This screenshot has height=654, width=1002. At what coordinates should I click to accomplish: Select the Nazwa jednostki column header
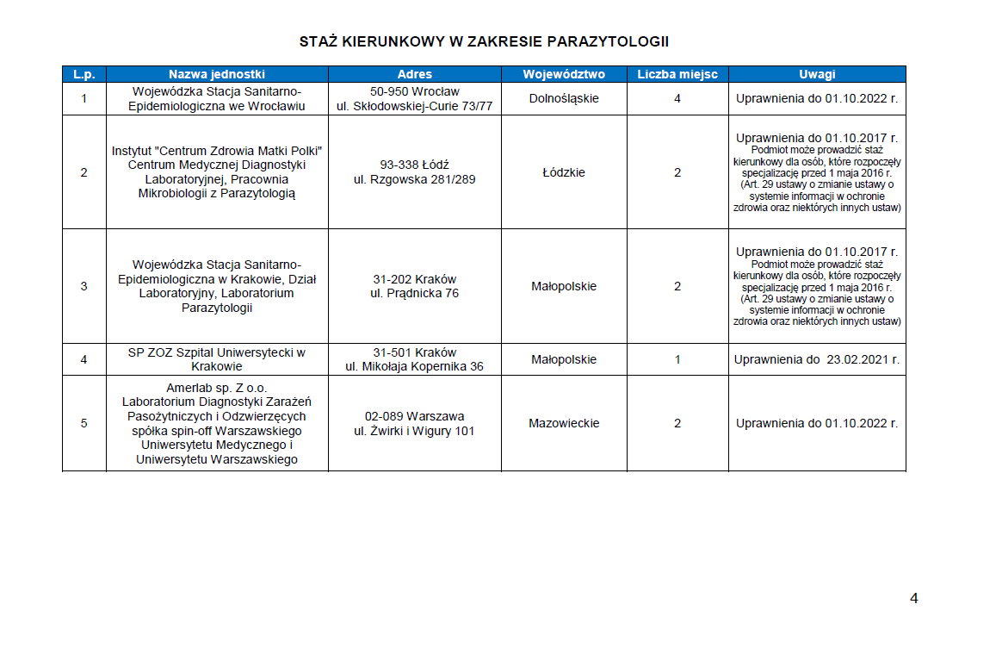(x=217, y=74)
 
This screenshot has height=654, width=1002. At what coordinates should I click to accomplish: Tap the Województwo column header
(x=564, y=74)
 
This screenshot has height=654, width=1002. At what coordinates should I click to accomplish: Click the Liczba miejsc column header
(x=677, y=74)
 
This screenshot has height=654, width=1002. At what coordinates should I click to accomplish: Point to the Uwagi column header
(x=816, y=74)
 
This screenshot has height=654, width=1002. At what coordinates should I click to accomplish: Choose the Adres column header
(x=414, y=74)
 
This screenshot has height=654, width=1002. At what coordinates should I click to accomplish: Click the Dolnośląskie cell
(x=564, y=98)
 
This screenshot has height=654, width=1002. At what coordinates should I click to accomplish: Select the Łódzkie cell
(x=564, y=172)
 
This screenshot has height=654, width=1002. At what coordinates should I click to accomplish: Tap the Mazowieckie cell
(x=564, y=423)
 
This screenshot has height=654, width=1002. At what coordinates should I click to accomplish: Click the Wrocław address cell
(x=414, y=98)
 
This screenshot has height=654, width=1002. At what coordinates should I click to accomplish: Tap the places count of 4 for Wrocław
(x=677, y=98)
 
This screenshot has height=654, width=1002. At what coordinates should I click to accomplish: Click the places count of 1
(x=677, y=359)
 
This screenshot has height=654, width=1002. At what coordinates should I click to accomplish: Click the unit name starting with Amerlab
(x=217, y=423)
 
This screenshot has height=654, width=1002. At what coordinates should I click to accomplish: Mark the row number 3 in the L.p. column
(x=83, y=286)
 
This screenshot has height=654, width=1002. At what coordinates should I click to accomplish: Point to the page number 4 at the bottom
(x=913, y=599)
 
